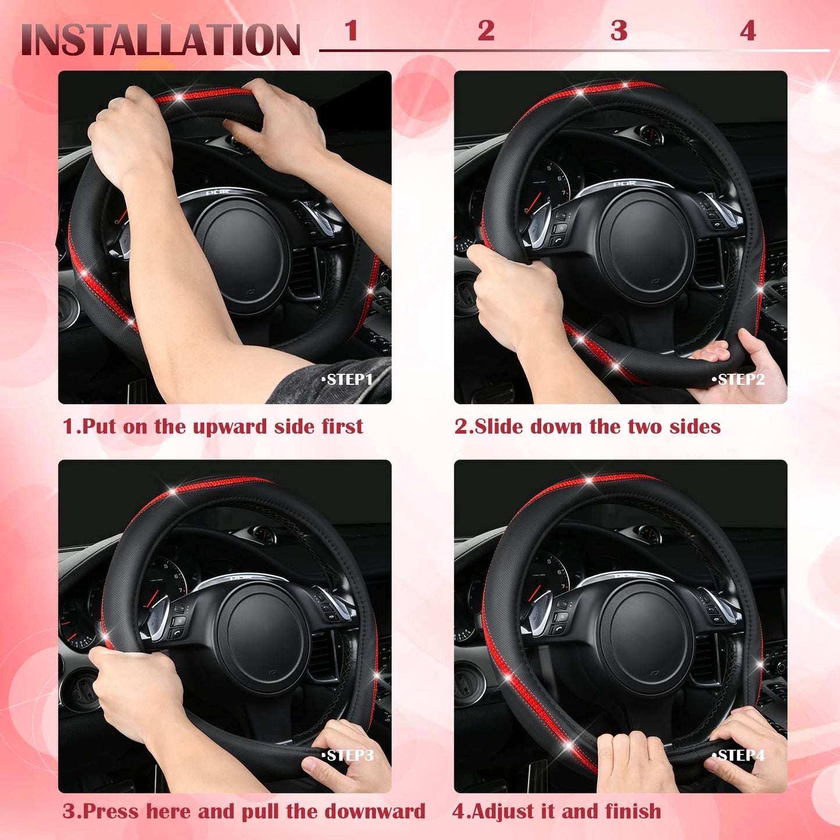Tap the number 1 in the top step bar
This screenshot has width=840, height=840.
(x=351, y=31)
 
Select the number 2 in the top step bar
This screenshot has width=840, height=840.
(x=486, y=31)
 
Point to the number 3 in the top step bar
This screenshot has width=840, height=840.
(x=619, y=31)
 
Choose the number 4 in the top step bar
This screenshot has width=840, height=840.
(x=748, y=31)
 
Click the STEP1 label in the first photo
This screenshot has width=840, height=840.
(x=348, y=380)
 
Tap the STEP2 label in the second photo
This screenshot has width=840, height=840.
(x=739, y=380)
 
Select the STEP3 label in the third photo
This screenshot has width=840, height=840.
(x=348, y=755)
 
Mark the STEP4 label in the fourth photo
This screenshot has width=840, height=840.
(x=739, y=755)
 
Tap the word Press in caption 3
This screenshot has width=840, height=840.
(x=111, y=812)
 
